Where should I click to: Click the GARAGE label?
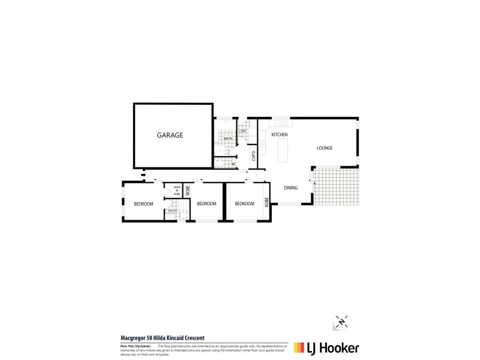pos(170,136)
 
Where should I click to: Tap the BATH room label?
pos(228,139)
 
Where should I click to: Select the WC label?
pos(234,164)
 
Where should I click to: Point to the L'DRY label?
pos(243,131)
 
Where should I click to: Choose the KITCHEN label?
pos(280,135)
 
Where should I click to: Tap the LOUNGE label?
pos(325,148)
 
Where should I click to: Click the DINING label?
pos(291,188)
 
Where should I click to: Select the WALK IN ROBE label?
pos(177,191)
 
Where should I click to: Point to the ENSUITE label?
pos(172,211)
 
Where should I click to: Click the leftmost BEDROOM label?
pos(143,204)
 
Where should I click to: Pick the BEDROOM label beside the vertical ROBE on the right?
pos(244,204)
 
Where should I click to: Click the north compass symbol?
pos(341,321)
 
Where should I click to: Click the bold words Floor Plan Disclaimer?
pos(135,346)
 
